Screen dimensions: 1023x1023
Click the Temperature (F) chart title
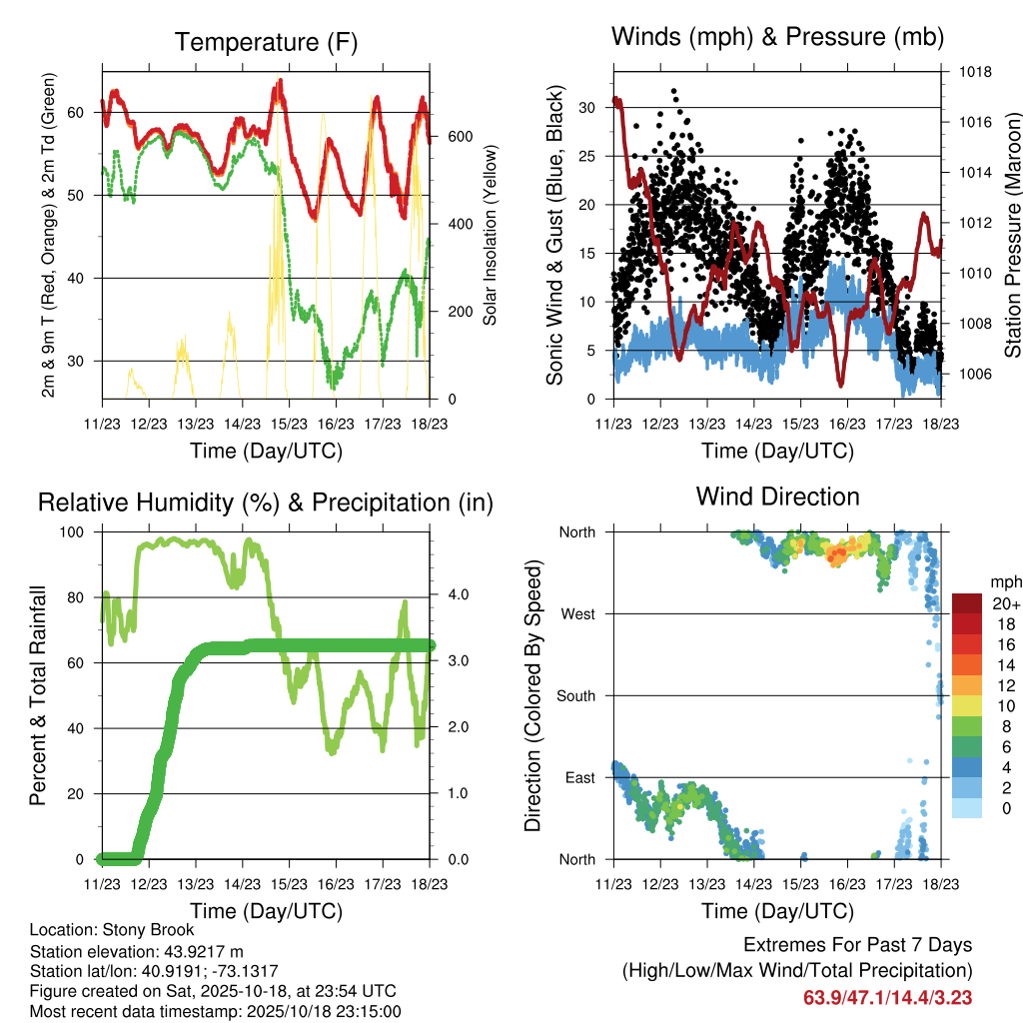pyautogui.click(x=266, y=42)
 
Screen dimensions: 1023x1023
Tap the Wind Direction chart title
pyautogui.click(x=777, y=496)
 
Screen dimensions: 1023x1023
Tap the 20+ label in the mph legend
pyautogui.click(x=1004, y=603)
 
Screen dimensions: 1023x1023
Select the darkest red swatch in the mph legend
pyautogui.click(x=967, y=603)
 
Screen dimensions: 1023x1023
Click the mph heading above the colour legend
pyautogui.click(x=1005, y=581)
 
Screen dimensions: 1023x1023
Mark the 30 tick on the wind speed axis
pyautogui.click(x=587, y=108)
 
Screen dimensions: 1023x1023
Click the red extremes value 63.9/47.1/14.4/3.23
pyautogui.click(x=887, y=997)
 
